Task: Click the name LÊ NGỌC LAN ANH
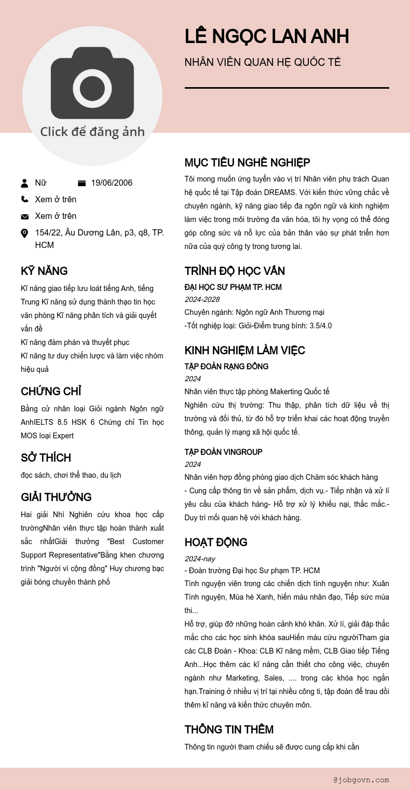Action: coord(267,37)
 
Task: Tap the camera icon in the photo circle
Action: coord(92,84)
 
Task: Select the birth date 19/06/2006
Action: coord(112,183)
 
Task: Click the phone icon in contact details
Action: coord(24,199)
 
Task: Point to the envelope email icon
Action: coord(24,216)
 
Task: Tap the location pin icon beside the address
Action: coord(24,233)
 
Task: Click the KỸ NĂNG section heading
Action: coord(44,271)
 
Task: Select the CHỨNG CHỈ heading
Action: coord(51,392)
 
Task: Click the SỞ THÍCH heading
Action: coord(46,458)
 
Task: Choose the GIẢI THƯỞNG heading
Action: coord(56,497)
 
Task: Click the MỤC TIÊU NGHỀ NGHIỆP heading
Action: coord(247,163)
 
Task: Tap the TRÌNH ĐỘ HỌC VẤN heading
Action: coord(235,271)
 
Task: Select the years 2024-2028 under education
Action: coord(202,299)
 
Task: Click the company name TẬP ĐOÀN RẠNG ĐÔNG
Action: coord(226,367)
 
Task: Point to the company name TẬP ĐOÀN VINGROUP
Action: coord(223,452)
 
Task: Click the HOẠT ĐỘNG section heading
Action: coord(216,543)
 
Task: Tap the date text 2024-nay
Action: coord(200,559)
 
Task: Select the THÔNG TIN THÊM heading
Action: coord(229,730)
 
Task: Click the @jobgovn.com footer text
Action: coord(361,780)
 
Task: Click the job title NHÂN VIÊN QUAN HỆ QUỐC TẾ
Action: coord(263,63)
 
